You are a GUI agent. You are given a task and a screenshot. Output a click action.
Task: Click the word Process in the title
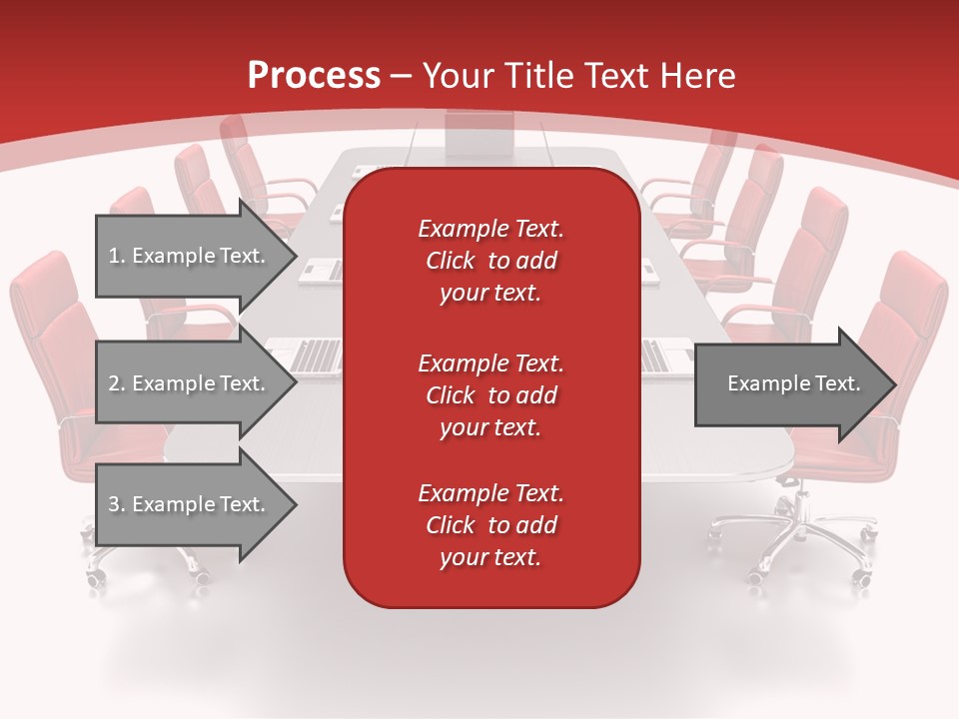314,76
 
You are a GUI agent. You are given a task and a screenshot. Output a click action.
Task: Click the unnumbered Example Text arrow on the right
793,383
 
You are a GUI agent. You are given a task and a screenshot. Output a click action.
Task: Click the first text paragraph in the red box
490,261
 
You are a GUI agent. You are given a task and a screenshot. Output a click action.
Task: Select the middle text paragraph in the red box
490,394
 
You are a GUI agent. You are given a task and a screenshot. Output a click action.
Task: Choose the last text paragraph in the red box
490,525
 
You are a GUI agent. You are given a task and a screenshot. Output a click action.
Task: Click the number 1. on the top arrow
117,256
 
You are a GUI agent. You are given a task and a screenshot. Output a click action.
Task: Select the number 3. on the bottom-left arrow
117,504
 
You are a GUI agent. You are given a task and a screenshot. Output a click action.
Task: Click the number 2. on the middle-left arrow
117,383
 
